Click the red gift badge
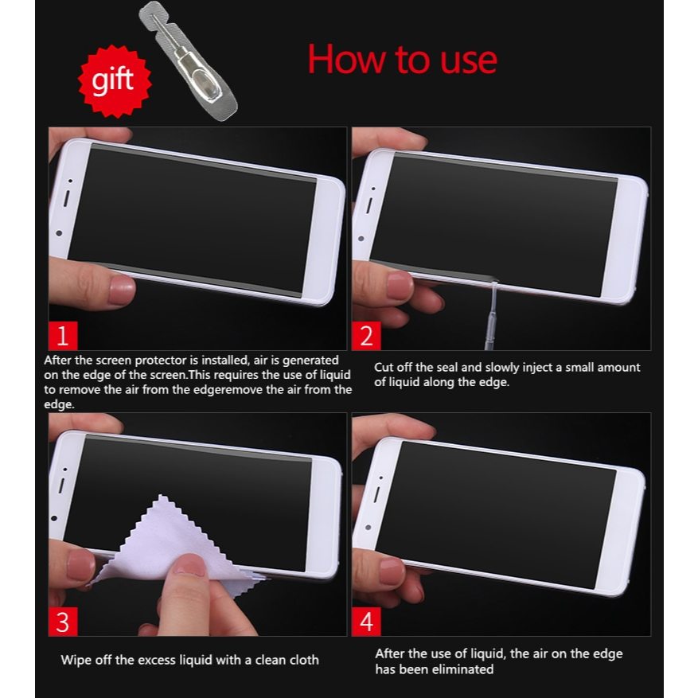(115, 81)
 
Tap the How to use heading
(402, 60)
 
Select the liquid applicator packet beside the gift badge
(189, 61)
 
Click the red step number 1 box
(63, 336)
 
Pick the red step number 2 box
(366, 336)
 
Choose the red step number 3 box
(63, 622)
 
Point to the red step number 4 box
(366, 622)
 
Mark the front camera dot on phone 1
(59, 233)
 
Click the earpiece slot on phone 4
(376, 494)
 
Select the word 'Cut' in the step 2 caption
(384, 367)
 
